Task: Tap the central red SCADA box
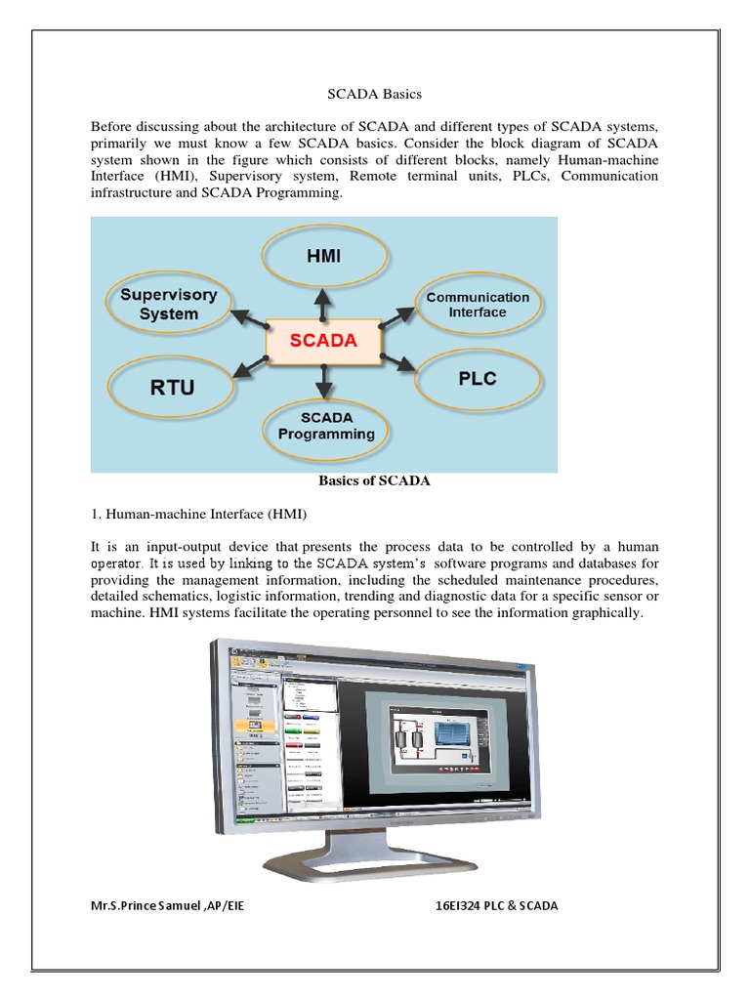point(324,342)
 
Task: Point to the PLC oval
point(478,378)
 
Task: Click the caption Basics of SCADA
point(375,481)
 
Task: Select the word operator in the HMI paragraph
point(117,564)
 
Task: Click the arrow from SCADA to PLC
point(398,361)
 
